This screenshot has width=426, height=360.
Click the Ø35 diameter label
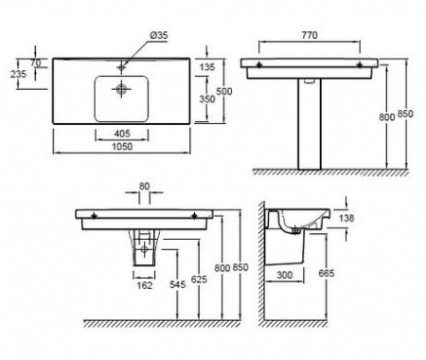click(158, 35)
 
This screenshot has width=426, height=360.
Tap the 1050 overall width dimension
click(122, 147)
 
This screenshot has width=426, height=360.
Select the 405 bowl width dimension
click(122, 134)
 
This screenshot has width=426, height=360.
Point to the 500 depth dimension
click(224, 91)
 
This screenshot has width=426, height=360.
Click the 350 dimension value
click(207, 99)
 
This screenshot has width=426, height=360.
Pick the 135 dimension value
click(207, 66)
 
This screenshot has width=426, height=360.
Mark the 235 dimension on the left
click(18, 74)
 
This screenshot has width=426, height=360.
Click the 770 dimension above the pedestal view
click(310, 35)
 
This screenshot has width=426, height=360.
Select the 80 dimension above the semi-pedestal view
click(144, 186)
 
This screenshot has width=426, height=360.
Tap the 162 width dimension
click(145, 285)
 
